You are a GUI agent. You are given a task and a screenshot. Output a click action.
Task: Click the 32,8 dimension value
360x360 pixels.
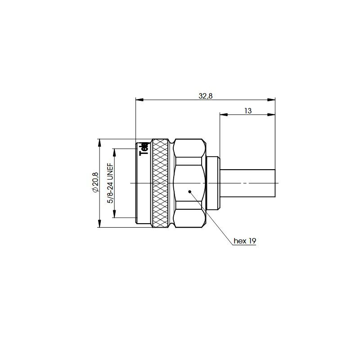(x=206, y=95)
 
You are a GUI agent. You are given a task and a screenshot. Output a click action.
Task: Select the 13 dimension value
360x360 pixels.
(x=247, y=110)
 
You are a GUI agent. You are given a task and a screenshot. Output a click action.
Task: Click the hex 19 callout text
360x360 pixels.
(x=245, y=241)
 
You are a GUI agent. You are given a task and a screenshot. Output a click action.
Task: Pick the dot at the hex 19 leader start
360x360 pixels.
(x=190, y=192)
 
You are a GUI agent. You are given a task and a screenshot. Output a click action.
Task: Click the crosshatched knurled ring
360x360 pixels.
(x=161, y=183)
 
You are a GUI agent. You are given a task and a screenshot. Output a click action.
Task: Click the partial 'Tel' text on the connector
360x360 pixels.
(x=144, y=148)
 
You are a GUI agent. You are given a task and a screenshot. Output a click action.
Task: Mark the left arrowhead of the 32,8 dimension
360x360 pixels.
(x=139, y=99)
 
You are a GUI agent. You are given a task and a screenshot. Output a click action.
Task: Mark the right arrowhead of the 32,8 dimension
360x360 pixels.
(x=272, y=99)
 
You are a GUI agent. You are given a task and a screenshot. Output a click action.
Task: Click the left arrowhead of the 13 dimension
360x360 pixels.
(x=223, y=114)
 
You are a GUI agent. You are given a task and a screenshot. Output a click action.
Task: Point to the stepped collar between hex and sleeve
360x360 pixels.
(x=212, y=183)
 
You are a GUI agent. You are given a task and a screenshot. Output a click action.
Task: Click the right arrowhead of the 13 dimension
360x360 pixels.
(x=272, y=114)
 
